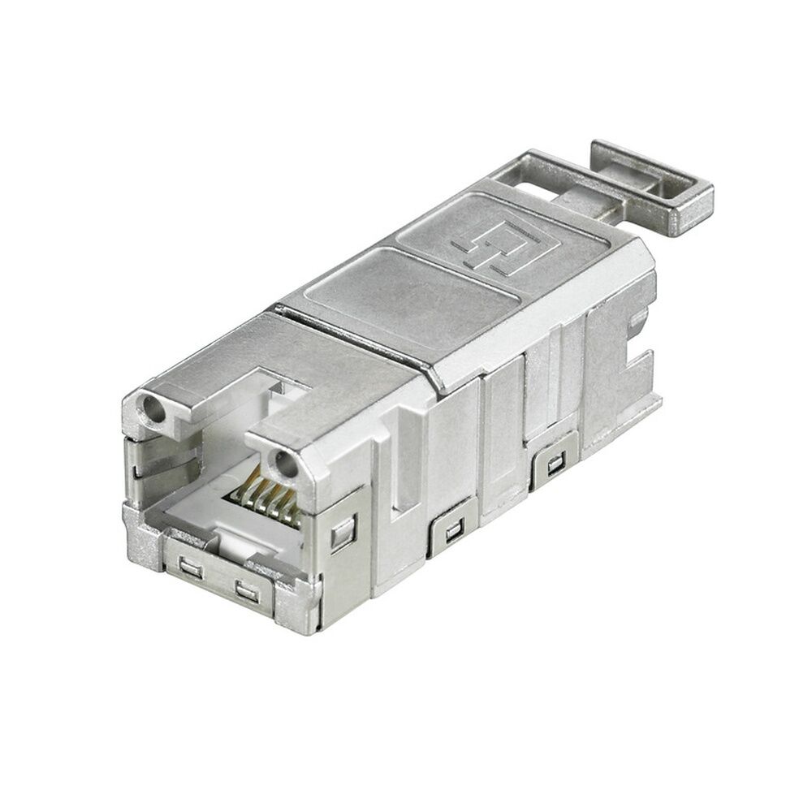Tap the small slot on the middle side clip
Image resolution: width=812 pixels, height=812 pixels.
click(452, 532)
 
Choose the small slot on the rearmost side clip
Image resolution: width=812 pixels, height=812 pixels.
click(555, 466)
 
